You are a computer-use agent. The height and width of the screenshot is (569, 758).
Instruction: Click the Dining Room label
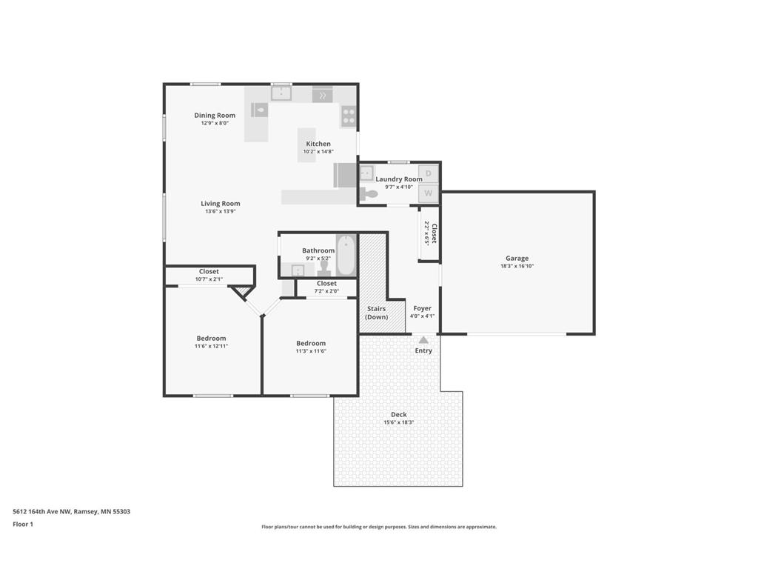coord(215,116)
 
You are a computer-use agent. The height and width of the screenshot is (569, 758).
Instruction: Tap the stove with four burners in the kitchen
coord(348,116)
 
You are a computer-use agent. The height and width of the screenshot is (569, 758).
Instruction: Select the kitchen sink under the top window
coord(281,93)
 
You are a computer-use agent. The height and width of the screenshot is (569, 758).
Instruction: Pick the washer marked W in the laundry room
coord(429,194)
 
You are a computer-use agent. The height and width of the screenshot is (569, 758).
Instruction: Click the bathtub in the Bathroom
coord(346,255)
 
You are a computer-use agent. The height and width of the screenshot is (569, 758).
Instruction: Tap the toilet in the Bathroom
coord(323,268)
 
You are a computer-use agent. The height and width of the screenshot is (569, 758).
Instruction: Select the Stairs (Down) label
coord(376,313)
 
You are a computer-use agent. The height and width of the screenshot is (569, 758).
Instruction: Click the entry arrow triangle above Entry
coord(423,339)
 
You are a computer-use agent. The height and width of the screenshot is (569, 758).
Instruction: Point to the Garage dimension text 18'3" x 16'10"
coord(517,267)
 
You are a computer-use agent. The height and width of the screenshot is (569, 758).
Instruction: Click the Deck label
coord(398,415)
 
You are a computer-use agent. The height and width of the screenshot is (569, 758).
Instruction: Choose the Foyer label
coord(422,308)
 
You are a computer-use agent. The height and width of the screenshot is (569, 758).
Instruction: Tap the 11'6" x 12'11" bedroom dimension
coord(211,346)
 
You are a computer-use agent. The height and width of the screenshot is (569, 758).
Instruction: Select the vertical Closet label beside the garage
coord(435,233)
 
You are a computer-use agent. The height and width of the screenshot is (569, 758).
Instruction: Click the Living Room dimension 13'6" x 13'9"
coord(221,211)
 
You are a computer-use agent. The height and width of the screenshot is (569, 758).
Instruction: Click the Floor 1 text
coord(23,524)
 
